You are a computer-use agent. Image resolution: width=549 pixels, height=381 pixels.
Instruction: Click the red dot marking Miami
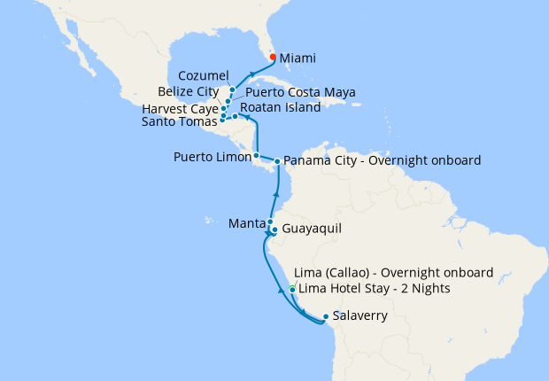pos(272,58)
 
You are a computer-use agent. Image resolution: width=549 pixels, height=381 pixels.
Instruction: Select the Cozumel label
pos(204,75)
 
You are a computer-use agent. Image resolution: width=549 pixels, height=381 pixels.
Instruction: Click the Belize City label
pos(189,91)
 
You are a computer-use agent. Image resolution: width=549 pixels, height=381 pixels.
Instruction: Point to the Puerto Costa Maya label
pos(295,91)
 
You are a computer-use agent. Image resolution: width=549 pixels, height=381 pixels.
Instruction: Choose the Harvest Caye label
pos(180,109)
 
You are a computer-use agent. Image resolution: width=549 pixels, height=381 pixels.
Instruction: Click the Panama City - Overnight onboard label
pos(383,161)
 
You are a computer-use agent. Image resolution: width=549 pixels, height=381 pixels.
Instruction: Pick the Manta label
pos(245,222)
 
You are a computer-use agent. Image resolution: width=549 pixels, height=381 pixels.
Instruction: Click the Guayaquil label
pos(312,230)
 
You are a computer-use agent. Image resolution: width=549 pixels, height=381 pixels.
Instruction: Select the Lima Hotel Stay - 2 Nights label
pos(375,289)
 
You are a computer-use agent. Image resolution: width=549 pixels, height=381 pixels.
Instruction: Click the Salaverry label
pos(360,315)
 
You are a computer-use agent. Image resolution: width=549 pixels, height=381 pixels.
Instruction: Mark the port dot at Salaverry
pos(326,316)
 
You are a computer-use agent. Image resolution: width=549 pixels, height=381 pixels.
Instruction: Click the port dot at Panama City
pos(277,161)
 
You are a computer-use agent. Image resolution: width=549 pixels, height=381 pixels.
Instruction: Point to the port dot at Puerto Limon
pos(256,156)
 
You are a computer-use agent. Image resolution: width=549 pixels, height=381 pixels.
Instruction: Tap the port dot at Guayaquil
pos(274,230)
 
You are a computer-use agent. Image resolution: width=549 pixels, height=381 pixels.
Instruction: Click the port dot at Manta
pos(269,222)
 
